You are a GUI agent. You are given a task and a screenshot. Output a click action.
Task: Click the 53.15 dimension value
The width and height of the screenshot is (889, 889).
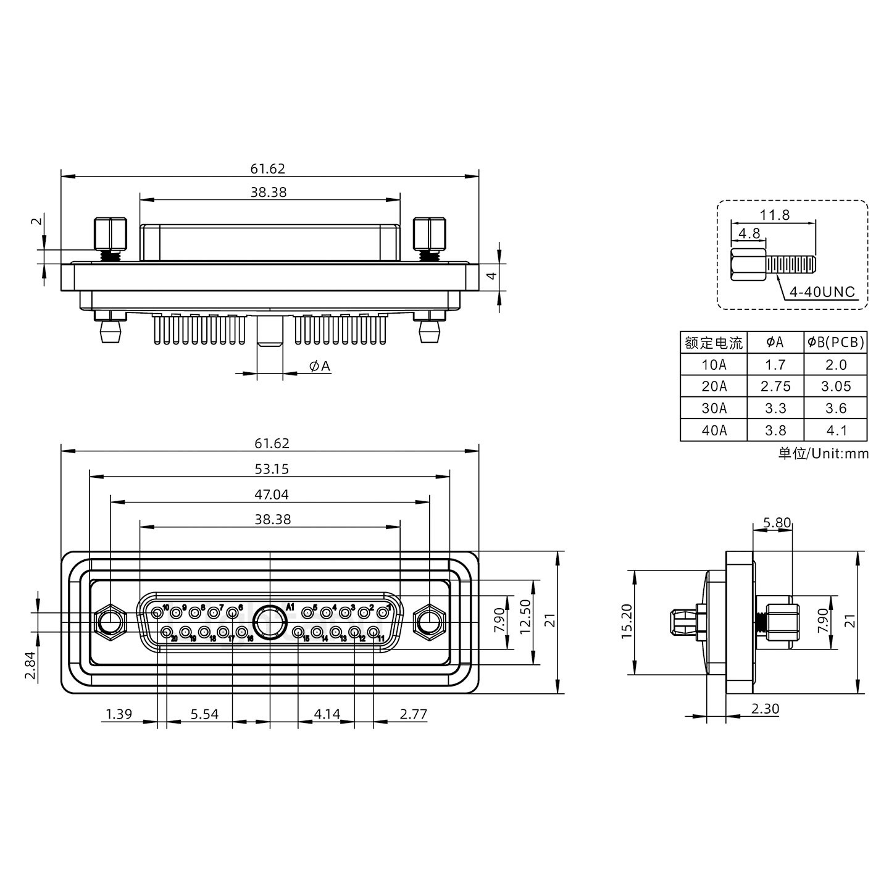[271, 469]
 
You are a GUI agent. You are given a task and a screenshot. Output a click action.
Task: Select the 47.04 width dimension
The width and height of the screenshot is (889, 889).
[271, 495]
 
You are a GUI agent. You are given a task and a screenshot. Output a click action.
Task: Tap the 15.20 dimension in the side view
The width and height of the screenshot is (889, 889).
[627, 621]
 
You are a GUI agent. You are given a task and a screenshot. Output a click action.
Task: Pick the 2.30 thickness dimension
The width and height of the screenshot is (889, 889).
[765, 709]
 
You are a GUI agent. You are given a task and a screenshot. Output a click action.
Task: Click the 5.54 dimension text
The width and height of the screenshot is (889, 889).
[204, 714]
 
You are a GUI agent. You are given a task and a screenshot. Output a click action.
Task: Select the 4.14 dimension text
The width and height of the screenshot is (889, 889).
[327, 714]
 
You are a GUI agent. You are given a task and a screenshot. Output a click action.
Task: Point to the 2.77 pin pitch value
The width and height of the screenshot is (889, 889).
[413, 714]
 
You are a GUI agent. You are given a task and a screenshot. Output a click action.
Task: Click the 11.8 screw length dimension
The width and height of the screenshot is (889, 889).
[774, 215]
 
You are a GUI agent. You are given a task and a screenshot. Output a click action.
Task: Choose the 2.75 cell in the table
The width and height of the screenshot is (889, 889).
[775, 386]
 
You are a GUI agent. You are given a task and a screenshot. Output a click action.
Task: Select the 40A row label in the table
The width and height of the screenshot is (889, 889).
[714, 430]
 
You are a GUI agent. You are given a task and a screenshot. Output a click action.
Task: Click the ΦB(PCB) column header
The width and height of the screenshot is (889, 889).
[835, 342]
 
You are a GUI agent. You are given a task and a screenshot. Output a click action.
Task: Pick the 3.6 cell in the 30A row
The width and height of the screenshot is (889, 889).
[835, 409]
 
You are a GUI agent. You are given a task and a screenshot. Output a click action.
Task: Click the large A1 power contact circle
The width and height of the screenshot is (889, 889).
[270, 622]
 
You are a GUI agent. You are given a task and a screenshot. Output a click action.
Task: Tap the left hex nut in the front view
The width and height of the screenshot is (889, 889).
[110, 622]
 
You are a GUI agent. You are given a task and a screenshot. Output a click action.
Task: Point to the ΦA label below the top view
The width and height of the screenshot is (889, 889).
[320, 367]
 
